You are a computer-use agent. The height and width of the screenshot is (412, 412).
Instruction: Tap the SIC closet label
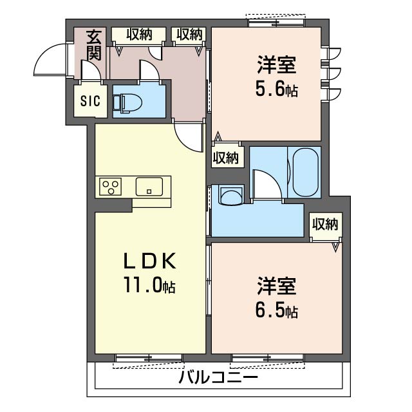tap(90, 101)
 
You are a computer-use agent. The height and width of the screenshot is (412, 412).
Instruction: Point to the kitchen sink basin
tap(149, 187)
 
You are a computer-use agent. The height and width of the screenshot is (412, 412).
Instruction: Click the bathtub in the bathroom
tap(305, 172)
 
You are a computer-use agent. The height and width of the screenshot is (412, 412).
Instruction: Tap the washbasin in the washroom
tap(230, 194)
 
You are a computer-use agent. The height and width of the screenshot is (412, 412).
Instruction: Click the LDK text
tap(150, 261)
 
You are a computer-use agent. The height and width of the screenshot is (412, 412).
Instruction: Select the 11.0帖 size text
tap(149, 285)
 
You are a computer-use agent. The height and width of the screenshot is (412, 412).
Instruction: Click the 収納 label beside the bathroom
tap(226, 157)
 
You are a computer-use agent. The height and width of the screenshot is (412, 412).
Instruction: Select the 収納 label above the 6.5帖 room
tap(325, 224)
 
